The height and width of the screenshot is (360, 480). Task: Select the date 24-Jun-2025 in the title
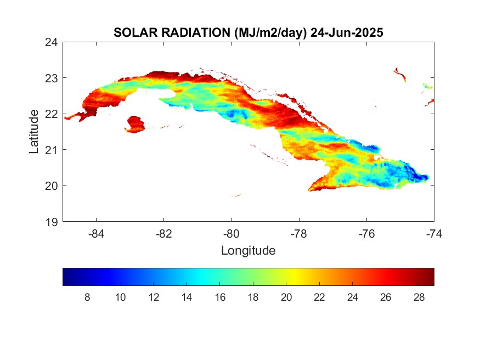point(347,32)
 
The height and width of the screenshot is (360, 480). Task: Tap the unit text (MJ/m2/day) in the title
point(270,33)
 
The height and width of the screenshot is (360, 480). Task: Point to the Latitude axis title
point(34,132)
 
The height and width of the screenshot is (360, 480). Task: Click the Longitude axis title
point(249,250)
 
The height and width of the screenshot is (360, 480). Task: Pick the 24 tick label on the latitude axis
point(52,42)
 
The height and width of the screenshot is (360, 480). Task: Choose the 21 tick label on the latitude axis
point(52,150)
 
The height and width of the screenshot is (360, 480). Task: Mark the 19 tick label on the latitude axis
point(52,222)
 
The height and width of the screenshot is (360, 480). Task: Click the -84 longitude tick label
point(96,234)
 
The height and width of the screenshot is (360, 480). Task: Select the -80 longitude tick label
point(231,234)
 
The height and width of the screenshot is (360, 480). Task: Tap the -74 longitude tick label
point(434,234)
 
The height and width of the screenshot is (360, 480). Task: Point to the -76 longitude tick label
point(367,234)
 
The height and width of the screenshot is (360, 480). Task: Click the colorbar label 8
point(87,297)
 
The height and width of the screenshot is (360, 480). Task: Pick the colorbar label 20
point(286,297)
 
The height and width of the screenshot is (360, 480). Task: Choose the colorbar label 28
point(419,297)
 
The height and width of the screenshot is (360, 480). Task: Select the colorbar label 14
point(187,297)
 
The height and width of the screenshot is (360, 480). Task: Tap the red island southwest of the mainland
point(135,124)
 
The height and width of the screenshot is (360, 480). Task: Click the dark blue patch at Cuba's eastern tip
point(416,175)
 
